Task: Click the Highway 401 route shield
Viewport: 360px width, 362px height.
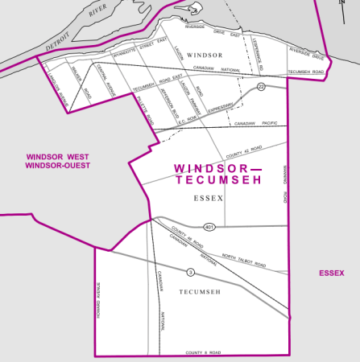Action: point(209,227)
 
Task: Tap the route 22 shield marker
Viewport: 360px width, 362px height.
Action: point(261,87)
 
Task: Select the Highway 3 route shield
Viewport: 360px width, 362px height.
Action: point(190,271)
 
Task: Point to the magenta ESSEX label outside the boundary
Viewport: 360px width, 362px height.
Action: point(331,274)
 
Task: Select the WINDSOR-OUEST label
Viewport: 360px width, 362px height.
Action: point(58,166)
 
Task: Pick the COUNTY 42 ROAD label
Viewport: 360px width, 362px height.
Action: point(243,150)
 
